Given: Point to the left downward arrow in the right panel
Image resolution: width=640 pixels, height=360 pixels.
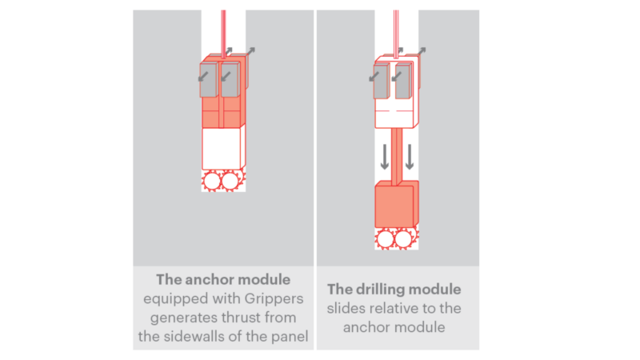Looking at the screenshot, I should click(385, 156).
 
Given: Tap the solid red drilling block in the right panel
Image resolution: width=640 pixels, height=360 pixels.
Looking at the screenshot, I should click(394, 206).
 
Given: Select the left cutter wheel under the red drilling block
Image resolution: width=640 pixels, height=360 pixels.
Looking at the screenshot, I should click(386, 238).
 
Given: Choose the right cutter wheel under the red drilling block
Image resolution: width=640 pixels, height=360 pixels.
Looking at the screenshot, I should click(404, 238).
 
